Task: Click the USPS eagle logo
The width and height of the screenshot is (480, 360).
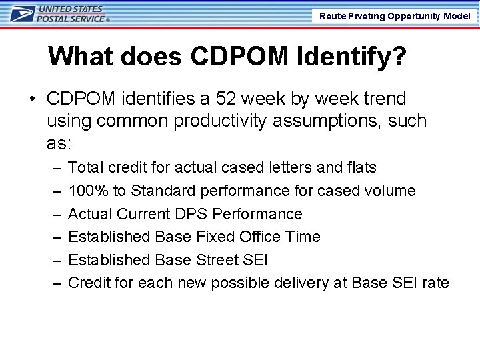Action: [x=21, y=15]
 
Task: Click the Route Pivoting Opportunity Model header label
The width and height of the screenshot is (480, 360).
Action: [x=395, y=16]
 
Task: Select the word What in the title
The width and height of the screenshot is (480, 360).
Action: [x=79, y=57]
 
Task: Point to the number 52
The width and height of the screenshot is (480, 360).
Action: [x=227, y=99]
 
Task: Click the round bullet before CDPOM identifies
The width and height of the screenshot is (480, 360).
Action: [x=32, y=99]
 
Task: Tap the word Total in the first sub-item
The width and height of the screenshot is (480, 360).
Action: [x=85, y=167]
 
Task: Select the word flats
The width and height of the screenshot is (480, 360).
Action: [x=361, y=167]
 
